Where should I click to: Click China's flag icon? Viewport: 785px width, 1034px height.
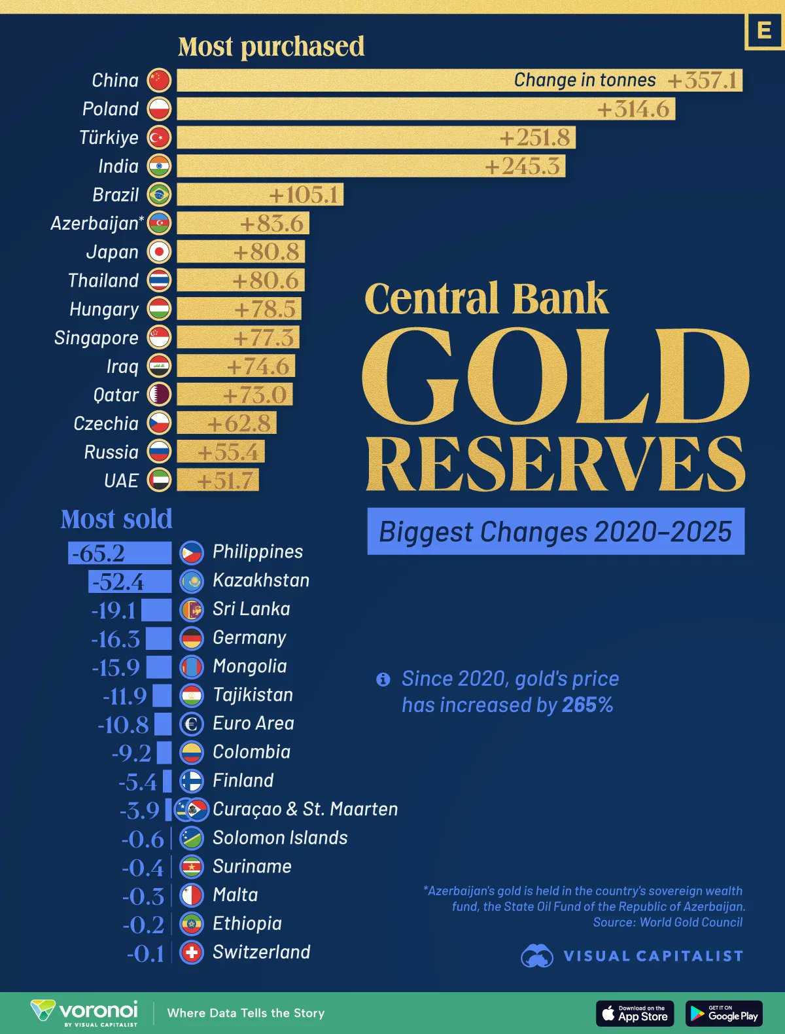[x=159, y=80]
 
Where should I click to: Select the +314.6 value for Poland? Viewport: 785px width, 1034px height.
[x=633, y=109]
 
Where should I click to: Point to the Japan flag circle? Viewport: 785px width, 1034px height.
[x=159, y=251]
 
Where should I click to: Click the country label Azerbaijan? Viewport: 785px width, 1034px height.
[x=95, y=223]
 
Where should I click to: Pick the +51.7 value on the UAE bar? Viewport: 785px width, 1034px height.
[x=224, y=481]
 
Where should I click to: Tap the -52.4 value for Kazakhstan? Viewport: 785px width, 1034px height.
[x=118, y=582]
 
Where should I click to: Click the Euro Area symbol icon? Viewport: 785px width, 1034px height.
[x=192, y=724]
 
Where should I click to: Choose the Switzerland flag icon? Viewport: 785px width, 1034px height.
[x=192, y=952]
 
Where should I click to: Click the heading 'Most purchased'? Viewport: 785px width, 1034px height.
[x=271, y=46]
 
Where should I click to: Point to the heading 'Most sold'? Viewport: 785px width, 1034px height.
[x=116, y=519]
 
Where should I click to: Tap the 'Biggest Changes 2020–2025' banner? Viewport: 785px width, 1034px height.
[x=555, y=531]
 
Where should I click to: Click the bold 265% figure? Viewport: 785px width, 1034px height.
[x=587, y=705]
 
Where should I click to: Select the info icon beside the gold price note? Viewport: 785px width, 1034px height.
[x=383, y=679]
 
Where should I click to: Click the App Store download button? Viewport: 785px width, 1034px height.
[x=635, y=1013]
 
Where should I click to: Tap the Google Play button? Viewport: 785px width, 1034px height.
[x=724, y=1013]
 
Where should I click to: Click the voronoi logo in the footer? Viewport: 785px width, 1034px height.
[x=85, y=1012]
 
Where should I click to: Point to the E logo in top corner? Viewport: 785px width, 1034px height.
[x=764, y=31]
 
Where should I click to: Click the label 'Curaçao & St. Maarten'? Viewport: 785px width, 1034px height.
[x=305, y=809]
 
